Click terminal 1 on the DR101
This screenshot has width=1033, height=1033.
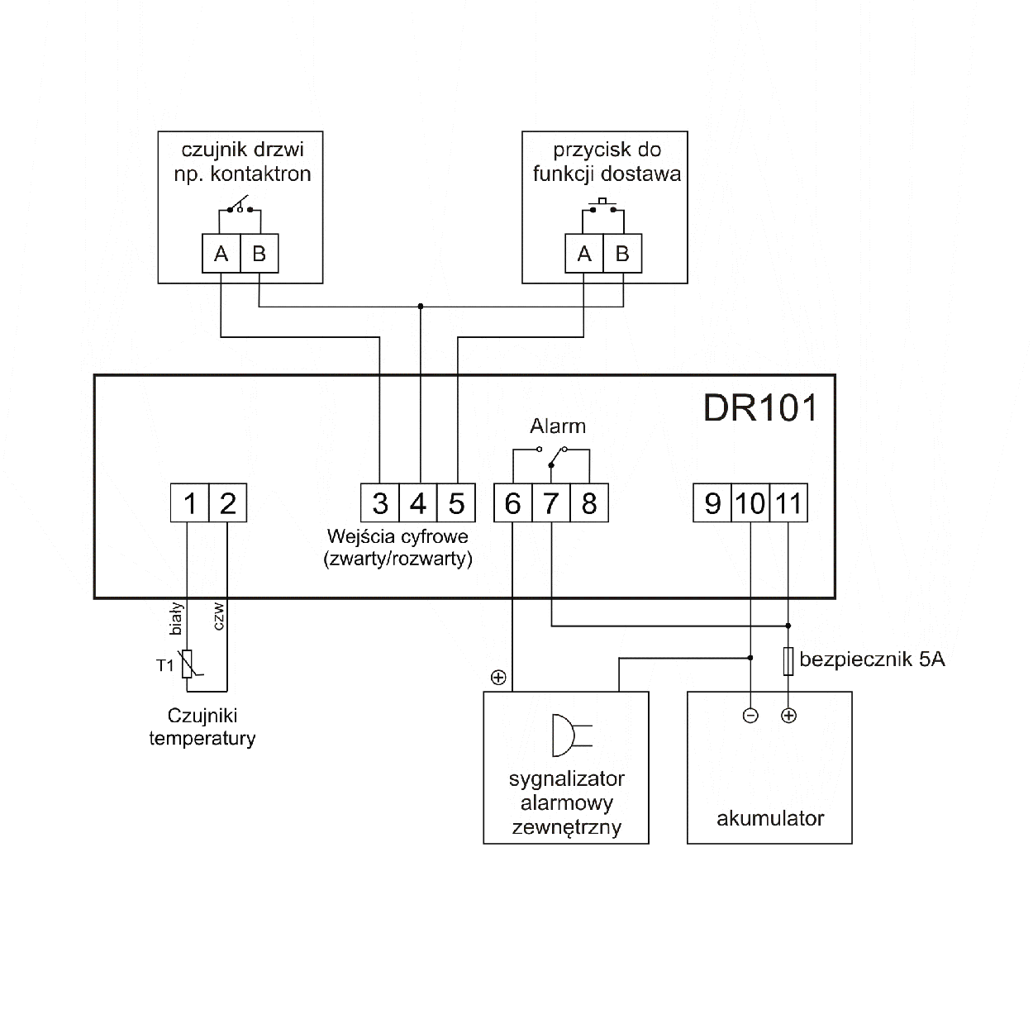tap(189, 502)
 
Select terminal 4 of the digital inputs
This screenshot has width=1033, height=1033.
tap(418, 502)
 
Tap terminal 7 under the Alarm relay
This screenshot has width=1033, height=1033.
tap(551, 502)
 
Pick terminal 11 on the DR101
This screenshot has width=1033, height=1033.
tap(788, 502)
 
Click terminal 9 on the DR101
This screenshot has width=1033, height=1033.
tap(712, 502)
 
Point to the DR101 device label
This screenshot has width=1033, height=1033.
tap(759, 407)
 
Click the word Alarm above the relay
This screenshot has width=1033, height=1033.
tap(558, 426)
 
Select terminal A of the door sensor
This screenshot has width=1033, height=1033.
tap(221, 254)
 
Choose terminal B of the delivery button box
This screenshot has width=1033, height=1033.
tap(622, 254)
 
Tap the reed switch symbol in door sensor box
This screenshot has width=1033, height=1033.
tap(240, 205)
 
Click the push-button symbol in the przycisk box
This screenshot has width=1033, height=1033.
tap(603, 205)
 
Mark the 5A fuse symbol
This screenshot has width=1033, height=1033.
tap(788, 661)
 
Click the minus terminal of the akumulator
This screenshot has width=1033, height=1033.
tap(750, 716)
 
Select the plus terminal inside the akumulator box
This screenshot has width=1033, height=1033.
tap(788, 716)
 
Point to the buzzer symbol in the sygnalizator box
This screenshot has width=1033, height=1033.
tap(570, 735)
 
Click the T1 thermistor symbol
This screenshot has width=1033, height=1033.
tap(188, 664)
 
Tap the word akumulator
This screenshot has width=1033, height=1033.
tap(770, 819)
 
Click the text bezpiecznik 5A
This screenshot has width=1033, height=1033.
tap(872, 659)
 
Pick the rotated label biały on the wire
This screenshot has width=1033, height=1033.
tap(175, 619)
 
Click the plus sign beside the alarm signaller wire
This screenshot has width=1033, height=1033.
tap(497, 678)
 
